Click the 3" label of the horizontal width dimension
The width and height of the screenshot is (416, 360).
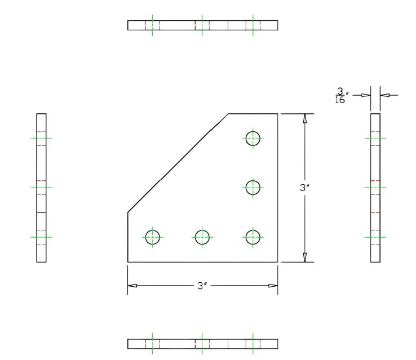[x=202, y=286]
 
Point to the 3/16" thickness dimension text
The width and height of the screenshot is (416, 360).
[x=342, y=95]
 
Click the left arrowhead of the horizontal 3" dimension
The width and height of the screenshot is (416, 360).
[x=132, y=286]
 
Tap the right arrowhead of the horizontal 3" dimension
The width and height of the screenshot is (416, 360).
[x=273, y=286]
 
